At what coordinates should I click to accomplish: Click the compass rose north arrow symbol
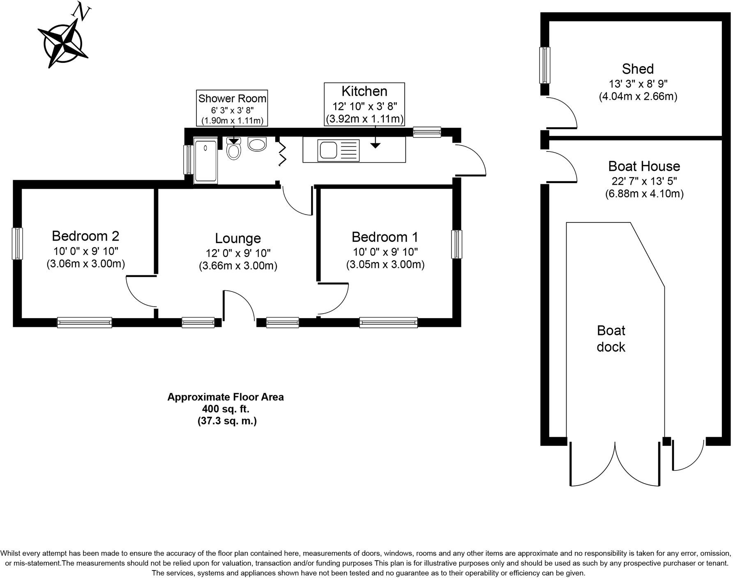(x=64, y=41)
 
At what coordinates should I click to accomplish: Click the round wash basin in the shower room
(x=258, y=144)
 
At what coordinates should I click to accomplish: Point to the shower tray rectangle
(x=205, y=161)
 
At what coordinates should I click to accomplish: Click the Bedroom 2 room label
(x=85, y=236)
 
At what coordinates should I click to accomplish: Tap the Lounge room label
(x=238, y=239)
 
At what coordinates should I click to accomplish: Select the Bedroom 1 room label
(x=385, y=237)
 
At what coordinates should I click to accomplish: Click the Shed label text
(x=638, y=69)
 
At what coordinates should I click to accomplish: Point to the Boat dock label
(x=611, y=339)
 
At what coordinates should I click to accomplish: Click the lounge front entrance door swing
(x=238, y=305)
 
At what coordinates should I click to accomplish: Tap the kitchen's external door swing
(x=470, y=160)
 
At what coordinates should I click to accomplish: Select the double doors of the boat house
(x=615, y=464)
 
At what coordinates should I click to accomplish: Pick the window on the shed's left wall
(x=545, y=65)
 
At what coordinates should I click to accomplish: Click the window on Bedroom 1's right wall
(x=456, y=244)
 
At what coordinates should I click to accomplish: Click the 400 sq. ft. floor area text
(x=226, y=409)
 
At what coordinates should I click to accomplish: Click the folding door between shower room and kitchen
(x=282, y=154)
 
